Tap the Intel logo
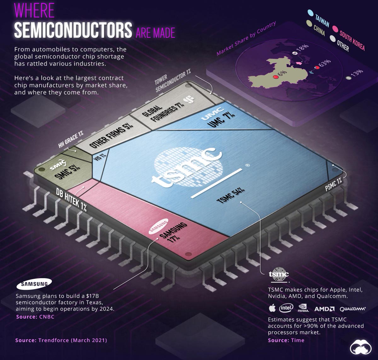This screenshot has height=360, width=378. pyautogui.click(x=286, y=307)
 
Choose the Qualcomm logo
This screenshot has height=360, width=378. pyautogui.click(x=353, y=309)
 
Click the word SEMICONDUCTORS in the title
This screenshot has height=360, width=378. pyautogui.click(x=73, y=30)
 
